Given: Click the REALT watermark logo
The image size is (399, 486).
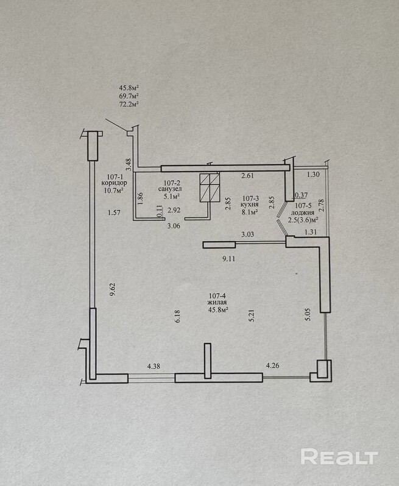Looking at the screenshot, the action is click(339, 457).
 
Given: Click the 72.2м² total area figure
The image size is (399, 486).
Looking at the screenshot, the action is click(129, 104).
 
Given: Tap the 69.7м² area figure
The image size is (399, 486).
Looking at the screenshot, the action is click(129, 96).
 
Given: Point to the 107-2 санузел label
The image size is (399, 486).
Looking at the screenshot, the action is click(170, 189).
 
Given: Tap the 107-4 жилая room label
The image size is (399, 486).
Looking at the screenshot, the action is click(217, 302).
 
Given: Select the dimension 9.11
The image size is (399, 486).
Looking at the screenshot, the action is click(229, 259).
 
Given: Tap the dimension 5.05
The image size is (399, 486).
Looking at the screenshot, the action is click(308, 313).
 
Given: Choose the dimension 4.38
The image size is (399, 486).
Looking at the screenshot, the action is click(154, 366).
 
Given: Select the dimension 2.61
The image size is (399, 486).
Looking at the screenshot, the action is click(247, 176).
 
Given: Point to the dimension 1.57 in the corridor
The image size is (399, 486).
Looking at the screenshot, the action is click(112, 213).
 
